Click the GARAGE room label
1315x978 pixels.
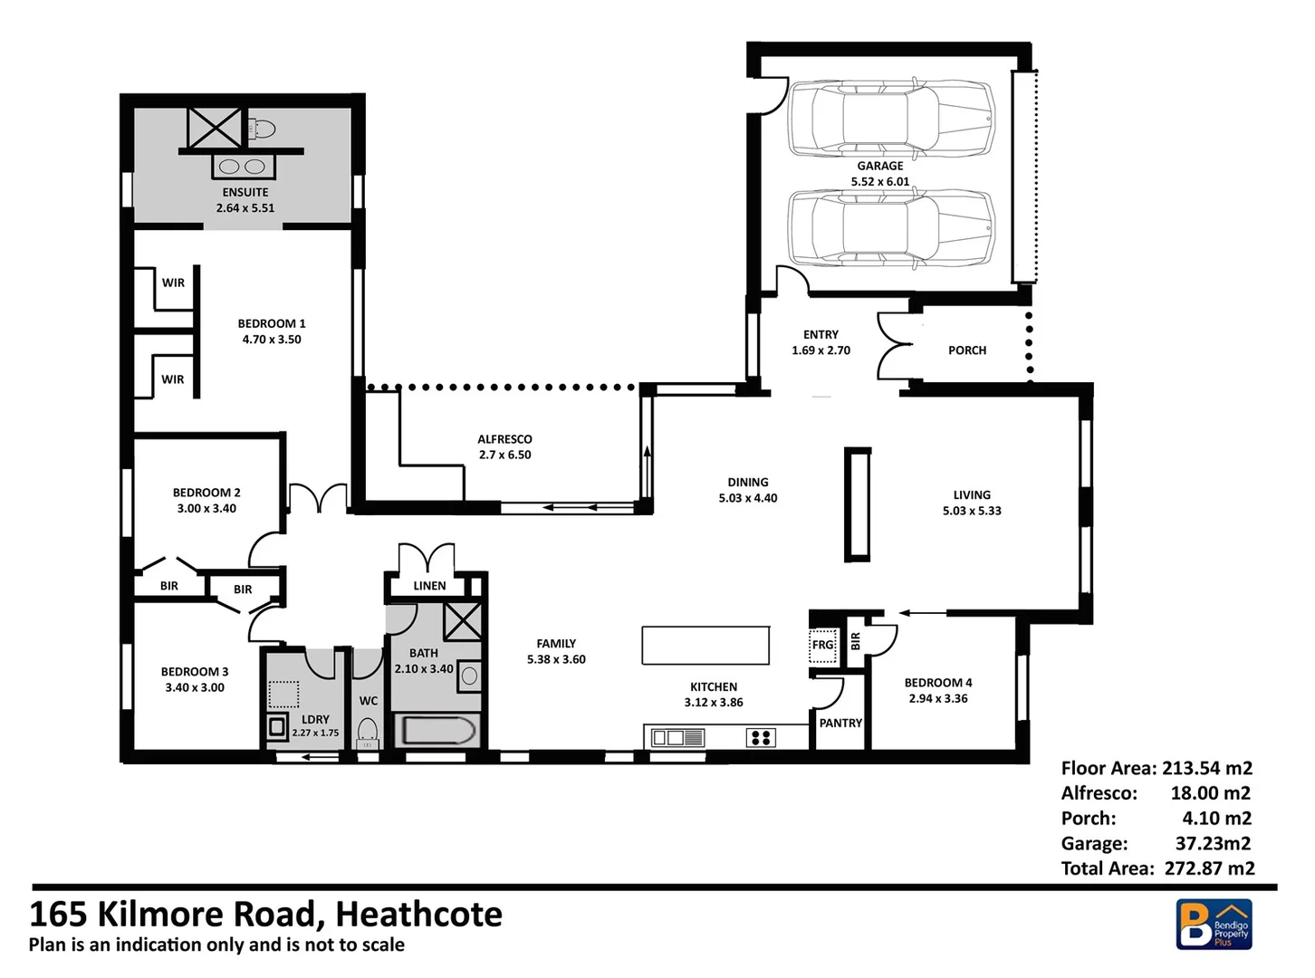879,166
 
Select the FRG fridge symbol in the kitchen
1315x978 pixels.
822,645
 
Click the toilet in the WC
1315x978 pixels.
368,730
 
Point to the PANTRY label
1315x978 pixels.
840,723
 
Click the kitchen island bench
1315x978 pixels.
705,645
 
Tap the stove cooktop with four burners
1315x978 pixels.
761,738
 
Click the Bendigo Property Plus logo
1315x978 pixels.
1214,925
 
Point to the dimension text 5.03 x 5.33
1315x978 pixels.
972,511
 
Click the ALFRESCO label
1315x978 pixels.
504,439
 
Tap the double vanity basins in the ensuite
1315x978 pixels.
242,167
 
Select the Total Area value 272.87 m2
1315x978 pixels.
1209,868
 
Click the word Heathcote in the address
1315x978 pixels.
418,915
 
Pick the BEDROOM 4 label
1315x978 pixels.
938,683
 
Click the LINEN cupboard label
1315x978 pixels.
429,586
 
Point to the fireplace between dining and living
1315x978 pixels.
857,504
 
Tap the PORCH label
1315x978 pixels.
966,350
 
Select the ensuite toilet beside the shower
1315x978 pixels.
261,129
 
